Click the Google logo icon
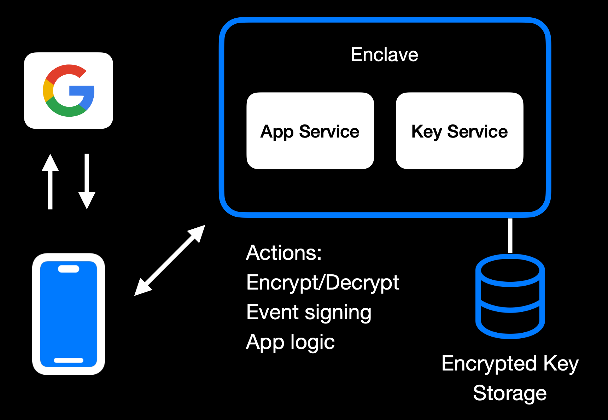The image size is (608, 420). pos(69,91)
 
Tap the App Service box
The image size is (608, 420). pos(310,131)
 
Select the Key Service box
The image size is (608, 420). pos(459,131)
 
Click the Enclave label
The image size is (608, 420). pos(384,55)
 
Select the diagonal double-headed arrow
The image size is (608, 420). pos(170,260)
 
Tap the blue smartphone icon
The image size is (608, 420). pos(69,314)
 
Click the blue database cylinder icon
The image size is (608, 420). pos(510,296)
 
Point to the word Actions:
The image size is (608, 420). pos(284,253)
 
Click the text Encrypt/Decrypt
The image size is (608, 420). pos(322,282)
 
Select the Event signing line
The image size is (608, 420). pos(309,312)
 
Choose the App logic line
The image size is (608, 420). pos(290,342)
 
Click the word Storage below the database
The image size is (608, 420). pos(510,393)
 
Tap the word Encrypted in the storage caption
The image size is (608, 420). pos(489,363)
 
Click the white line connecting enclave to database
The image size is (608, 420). pos(510,235)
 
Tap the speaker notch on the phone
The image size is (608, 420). pos(69,269)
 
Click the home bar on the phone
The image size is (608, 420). pos(69,360)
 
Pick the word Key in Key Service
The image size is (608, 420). pos(427,132)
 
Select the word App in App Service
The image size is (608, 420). pos(277,132)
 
